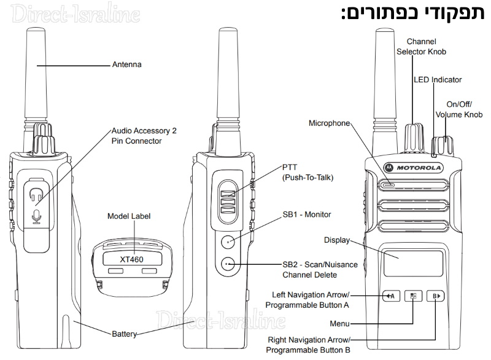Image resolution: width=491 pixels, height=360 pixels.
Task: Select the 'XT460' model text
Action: (131, 259)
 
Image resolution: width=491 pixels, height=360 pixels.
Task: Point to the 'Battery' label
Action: (124, 335)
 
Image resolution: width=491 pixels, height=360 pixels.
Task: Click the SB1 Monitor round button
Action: (227, 241)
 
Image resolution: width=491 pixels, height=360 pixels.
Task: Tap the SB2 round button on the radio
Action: (227, 264)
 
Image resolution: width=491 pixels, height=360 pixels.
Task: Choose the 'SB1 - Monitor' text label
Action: (306, 214)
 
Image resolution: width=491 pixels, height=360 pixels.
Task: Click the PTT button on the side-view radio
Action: (227, 198)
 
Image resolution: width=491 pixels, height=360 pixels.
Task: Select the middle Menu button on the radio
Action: (413, 297)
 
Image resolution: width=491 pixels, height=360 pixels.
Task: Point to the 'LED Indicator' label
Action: (437, 80)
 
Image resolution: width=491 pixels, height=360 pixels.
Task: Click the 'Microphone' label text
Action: (329, 123)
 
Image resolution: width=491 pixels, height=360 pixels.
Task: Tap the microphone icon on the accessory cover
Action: (36, 216)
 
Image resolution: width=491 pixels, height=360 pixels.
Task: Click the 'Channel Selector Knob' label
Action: (421, 47)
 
